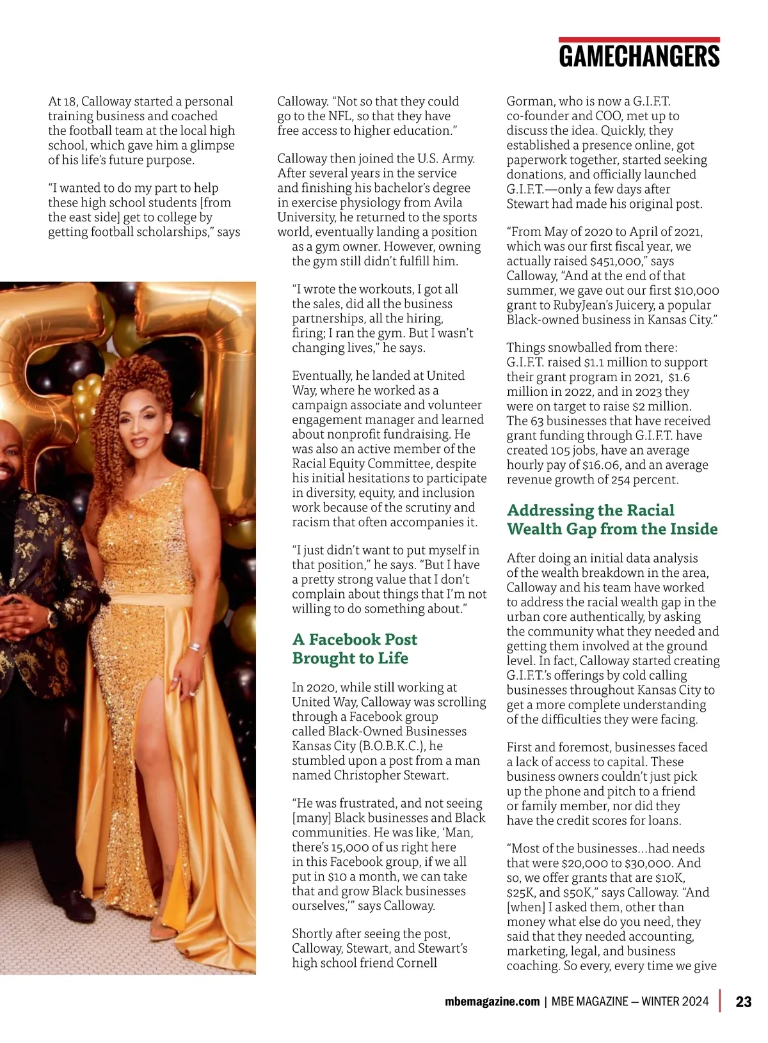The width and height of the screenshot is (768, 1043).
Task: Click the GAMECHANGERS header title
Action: coord(639,56)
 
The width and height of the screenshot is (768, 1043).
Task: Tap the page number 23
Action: coord(743,1001)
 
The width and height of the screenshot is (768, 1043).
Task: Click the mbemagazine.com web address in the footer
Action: coord(492,1001)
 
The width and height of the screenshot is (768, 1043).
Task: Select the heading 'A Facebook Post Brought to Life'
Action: coord(355,648)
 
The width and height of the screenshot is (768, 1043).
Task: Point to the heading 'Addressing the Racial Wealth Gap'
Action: coord(612,519)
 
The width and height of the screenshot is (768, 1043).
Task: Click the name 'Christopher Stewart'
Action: coord(391,776)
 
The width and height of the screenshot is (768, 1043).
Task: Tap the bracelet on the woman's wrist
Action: coord(195,647)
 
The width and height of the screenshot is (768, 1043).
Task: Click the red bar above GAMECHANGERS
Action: coord(639,40)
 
